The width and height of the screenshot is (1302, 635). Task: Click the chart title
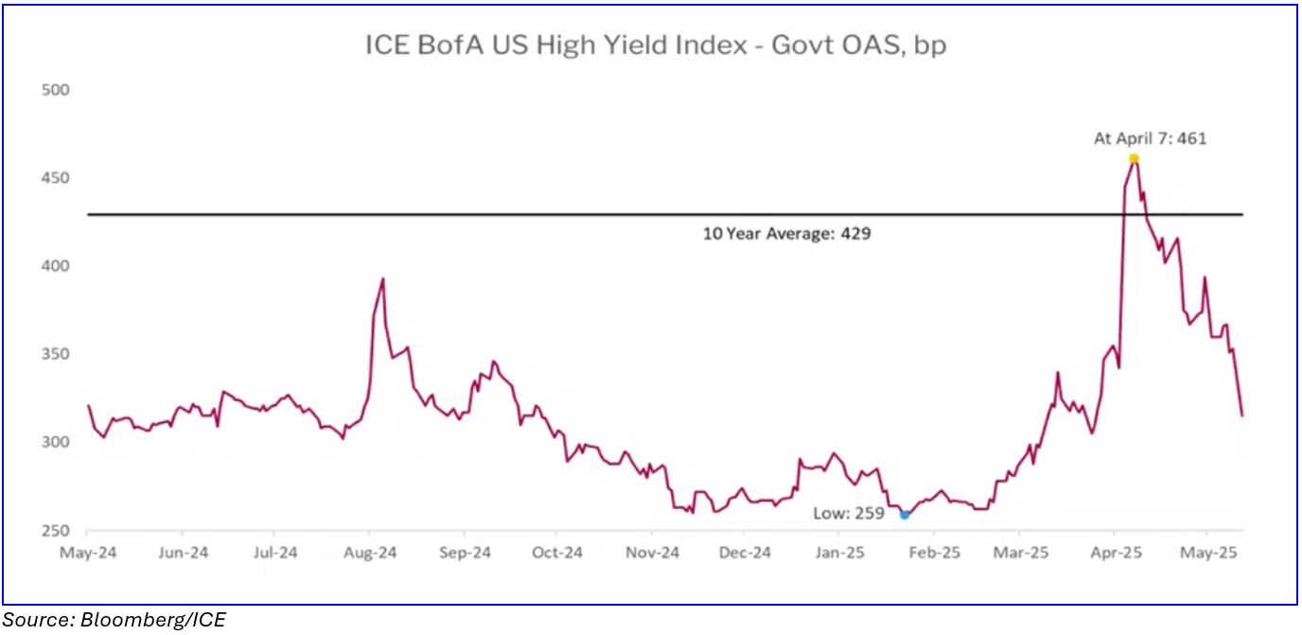(656, 44)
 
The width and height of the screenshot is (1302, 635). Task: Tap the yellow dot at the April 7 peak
(1133, 158)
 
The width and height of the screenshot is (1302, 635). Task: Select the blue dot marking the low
(905, 515)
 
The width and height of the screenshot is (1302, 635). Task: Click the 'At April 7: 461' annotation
(1151, 138)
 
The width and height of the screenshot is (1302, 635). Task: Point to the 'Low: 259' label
(849, 514)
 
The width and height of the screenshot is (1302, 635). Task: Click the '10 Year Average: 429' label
(786, 234)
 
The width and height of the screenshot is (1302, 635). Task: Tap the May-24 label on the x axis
(88, 552)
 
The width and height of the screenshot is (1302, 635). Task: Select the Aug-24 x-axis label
(370, 552)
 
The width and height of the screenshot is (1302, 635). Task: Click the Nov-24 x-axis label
(653, 552)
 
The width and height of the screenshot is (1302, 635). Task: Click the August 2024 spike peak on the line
(382, 278)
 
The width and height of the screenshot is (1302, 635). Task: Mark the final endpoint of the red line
(1241, 415)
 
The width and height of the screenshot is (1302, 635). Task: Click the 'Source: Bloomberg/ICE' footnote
(114, 620)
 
